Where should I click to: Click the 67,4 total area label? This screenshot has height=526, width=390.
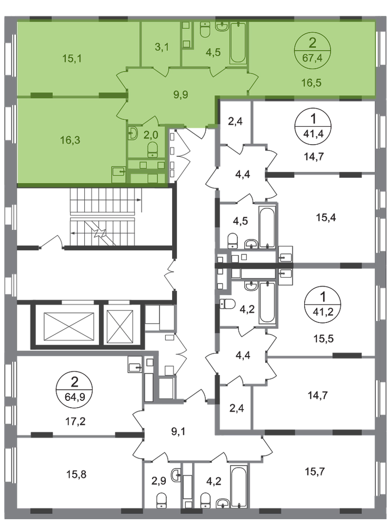pos(312,58)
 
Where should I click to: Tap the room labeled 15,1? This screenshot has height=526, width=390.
pos(72,59)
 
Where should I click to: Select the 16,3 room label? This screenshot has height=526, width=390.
pos(70,140)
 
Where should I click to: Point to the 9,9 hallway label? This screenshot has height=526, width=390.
pos(181,95)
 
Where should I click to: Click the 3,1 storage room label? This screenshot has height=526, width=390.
pos(162,47)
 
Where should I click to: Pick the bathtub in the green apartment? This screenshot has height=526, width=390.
pos(238,43)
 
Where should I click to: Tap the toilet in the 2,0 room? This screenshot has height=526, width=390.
pos(153,149)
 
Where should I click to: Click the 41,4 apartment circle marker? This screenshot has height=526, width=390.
pos(313,126)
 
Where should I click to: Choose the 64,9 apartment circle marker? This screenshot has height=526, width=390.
pos(74,390)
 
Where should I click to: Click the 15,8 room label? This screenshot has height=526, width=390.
pos(76,474)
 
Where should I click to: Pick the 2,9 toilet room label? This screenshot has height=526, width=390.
pos(159,481)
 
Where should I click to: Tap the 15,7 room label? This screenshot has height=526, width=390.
pos(315,472)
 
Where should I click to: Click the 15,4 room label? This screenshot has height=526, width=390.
pos(326,218)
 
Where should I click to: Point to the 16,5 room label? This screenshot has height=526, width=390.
pos(311,83)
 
